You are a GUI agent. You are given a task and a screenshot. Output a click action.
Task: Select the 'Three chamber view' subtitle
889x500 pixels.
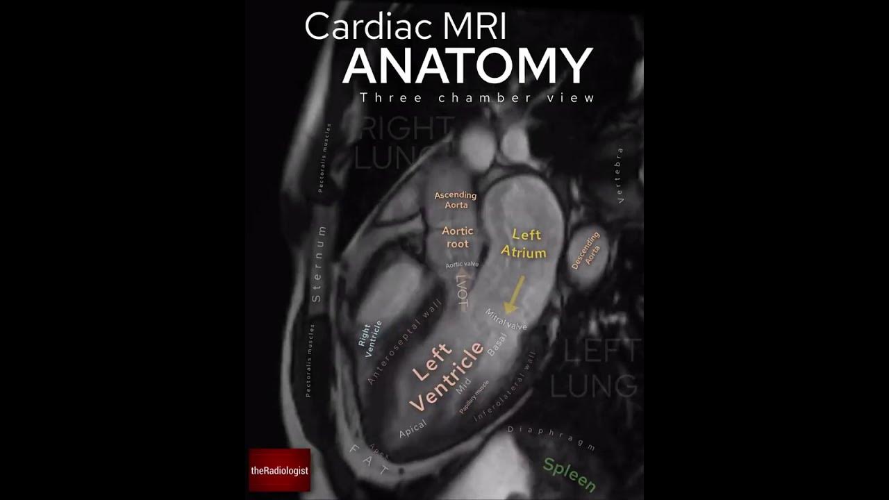477,98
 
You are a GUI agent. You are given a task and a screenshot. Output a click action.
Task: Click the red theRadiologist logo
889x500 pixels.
279,470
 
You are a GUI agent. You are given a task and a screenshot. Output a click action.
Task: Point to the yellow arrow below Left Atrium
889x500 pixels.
515,294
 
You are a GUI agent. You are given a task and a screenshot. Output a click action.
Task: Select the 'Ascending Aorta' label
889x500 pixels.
456,200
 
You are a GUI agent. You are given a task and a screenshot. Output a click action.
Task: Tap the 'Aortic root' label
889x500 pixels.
458,237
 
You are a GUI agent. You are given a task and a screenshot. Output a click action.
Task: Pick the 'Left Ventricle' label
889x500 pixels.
447,376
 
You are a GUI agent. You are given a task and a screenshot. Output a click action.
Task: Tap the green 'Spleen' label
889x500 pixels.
570,474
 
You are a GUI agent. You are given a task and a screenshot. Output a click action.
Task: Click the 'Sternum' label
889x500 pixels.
318,264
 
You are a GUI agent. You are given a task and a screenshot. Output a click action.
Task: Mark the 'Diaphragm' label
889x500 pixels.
551,439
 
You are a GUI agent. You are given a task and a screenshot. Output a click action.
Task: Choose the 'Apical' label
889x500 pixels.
413,428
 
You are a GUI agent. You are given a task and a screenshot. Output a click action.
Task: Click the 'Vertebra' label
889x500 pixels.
620,175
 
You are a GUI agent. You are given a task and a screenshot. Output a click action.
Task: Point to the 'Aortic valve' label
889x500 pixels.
462,265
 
